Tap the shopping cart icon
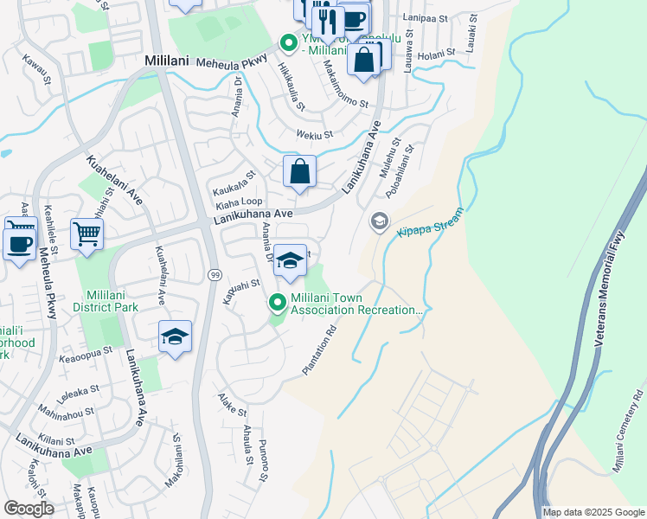(x=87, y=232)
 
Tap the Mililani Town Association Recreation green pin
(x=278, y=302)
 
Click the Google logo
(x=29, y=509)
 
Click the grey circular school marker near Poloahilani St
(x=378, y=221)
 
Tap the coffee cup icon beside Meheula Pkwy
(x=19, y=240)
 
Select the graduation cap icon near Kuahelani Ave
(x=175, y=337)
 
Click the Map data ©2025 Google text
(x=593, y=512)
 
